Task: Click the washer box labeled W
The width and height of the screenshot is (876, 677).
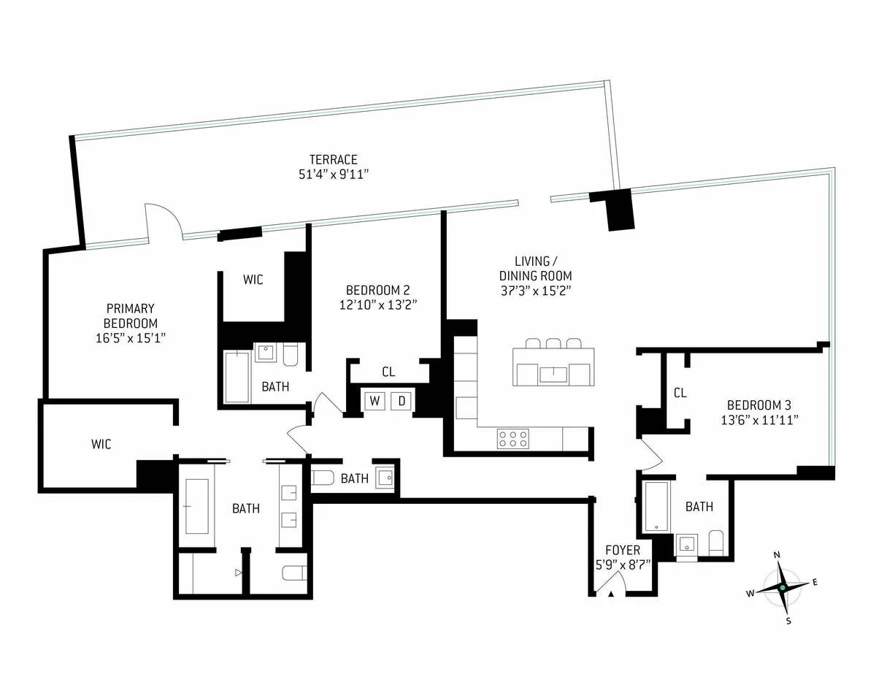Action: coord(374,400)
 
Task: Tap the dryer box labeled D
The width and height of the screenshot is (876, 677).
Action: coord(401,400)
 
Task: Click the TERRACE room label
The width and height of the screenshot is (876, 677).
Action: coord(333,159)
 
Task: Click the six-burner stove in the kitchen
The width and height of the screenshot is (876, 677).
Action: coord(512,438)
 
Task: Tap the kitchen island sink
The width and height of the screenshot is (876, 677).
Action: coord(553,375)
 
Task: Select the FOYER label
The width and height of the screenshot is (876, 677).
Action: coord(623,550)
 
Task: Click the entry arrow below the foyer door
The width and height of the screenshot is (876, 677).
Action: coord(612,594)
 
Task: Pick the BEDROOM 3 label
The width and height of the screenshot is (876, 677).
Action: coord(759,405)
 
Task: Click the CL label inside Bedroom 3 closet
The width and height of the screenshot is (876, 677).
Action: coord(680,393)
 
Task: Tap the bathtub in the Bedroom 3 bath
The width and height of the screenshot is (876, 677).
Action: coord(657,506)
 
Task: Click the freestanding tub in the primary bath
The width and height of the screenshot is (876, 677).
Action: coord(196,505)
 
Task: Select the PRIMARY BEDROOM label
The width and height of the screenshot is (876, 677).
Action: coord(131,316)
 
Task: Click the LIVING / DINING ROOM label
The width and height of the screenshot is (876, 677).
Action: coord(535,269)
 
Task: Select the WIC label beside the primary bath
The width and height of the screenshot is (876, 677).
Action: coord(101,444)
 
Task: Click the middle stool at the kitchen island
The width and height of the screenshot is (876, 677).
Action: coord(553,343)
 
